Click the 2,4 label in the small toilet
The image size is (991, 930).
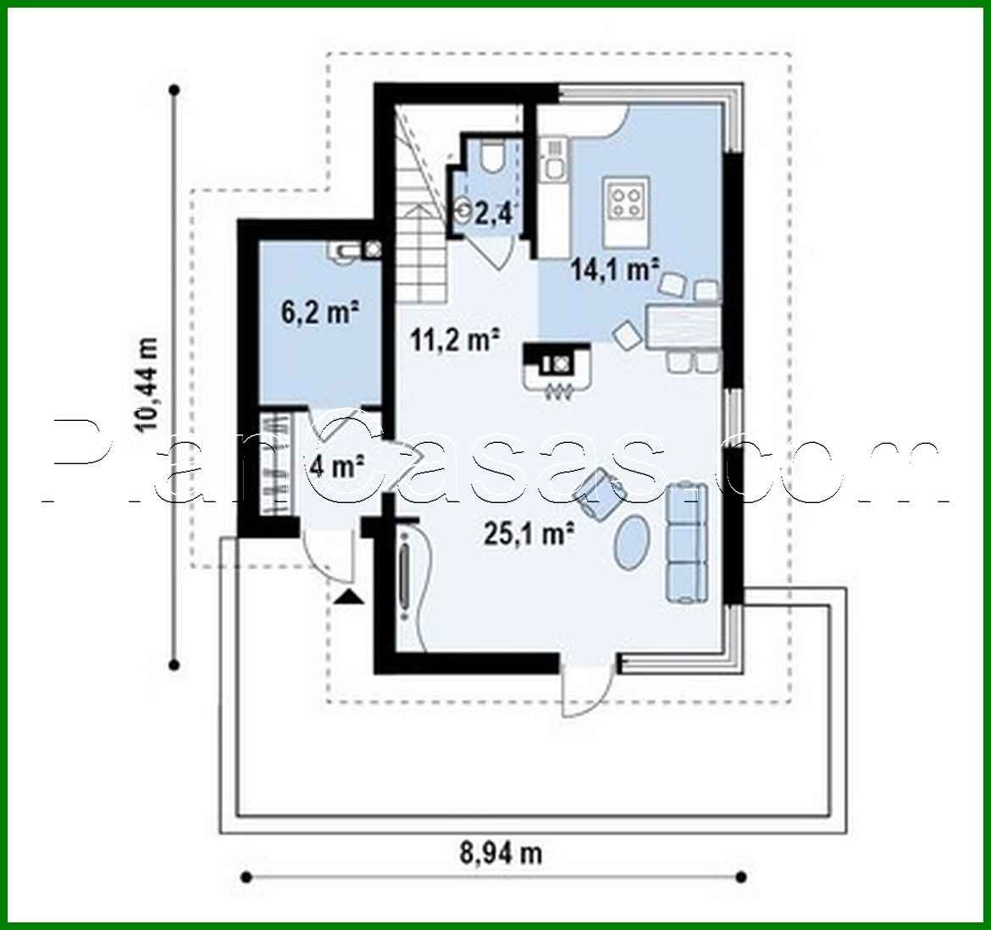pos(491,213)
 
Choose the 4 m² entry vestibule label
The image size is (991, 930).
pos(338,465)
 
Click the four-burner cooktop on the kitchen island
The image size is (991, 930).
pos(626,202)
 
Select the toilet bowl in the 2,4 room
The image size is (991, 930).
pos(490,158)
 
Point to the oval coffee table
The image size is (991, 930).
pos(632,544)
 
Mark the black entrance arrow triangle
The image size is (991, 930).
pos(349,598)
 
